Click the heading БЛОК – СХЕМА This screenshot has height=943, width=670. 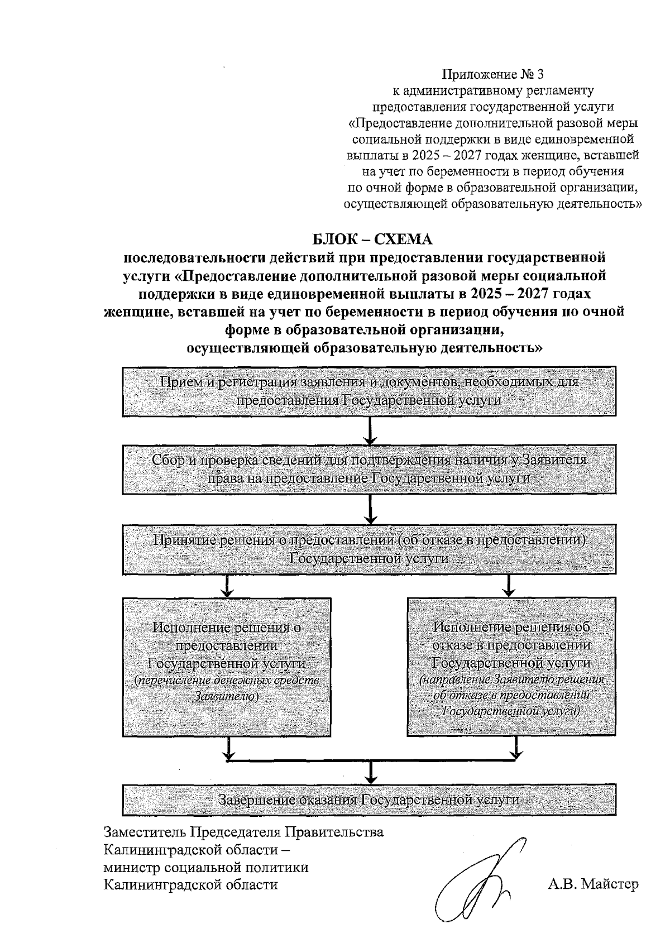(x=372, y=240)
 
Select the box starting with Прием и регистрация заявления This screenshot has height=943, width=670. (x=369, y=391)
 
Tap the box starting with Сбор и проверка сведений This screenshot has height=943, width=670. (x=369, y=469)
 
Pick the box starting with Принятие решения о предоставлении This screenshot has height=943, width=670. (x=369, y=549)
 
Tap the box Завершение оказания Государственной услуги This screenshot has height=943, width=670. (x=369, y=800)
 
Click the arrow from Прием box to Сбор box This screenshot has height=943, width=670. (x=369, y=430)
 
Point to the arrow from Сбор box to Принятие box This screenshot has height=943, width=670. (x=369, y=509)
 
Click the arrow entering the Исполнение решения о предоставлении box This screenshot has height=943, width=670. (x=227, y=586)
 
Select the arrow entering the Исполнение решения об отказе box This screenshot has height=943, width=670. (x=509, y=586)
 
